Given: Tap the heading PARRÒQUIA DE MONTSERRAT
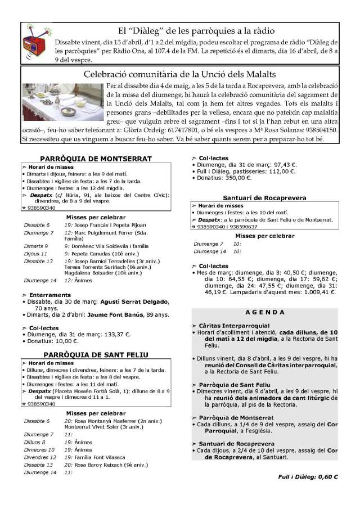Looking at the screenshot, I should (x=96, y=159).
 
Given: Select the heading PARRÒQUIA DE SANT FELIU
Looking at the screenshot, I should (x=96, y=355).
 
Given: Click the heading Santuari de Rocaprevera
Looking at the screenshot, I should (x=264, y=198).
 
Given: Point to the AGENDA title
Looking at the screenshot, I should (x=265, y=312).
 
